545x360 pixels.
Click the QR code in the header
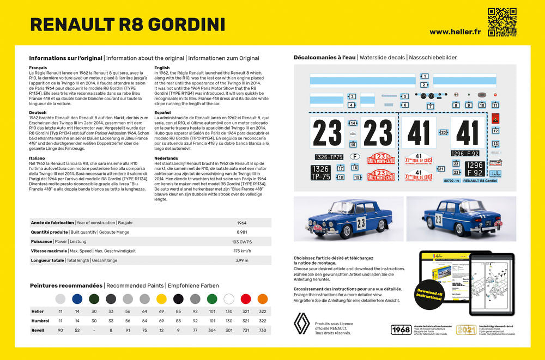click(501, 22)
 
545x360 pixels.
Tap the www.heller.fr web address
click(454, 32)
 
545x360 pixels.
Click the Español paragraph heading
click(163, 112)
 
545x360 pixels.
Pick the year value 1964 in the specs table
click(242, 223)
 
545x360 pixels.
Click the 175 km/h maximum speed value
click(242, 251)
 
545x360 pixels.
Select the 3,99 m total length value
click(242, 260)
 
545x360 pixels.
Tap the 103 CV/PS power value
click(242, 242)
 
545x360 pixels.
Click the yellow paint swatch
click(161, 298)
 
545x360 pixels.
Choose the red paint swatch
click(246, 298)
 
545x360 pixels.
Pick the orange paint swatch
click(263, 298)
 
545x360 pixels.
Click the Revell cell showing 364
click(212, 330)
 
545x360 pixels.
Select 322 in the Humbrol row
click(263, 321)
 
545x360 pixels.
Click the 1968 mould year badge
click(401, 330)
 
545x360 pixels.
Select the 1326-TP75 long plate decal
click(329, 157)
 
